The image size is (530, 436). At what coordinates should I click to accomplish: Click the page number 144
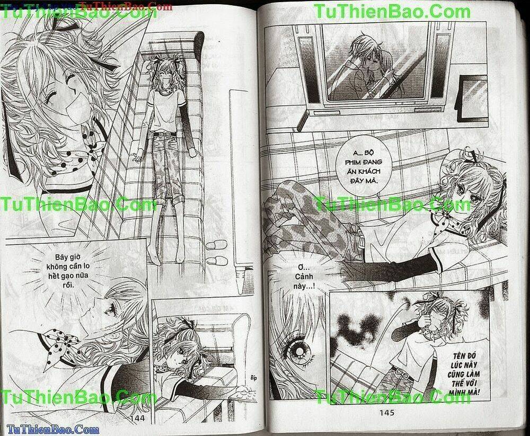(x=137, y=419)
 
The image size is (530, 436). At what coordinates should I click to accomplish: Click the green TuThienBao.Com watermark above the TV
(x=392, y=12)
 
